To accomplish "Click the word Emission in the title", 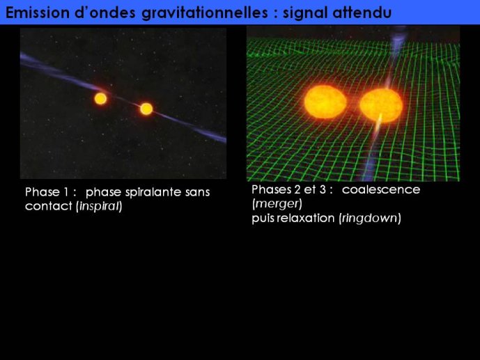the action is coord(38,13).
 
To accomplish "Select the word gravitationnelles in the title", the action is coord(205,13).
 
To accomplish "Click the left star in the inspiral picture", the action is coord(100,99).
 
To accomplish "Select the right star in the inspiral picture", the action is coord(146,109).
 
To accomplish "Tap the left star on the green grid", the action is coord(325,102).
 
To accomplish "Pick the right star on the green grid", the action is coord(381,105).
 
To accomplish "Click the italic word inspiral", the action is coord(99,206).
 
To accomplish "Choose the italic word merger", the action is coord(277,204).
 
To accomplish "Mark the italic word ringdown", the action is coord(370,219).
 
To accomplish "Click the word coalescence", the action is coord(381,189).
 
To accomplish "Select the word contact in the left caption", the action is coord(48,206).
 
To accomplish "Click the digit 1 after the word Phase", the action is coord(65,192).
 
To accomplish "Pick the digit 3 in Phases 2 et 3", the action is coord(323,189).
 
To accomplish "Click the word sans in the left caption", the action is coord(197,192).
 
